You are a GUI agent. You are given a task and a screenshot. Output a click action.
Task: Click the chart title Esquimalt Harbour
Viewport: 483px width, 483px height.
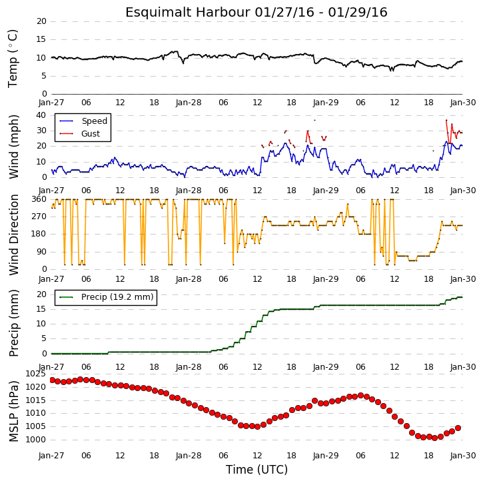(x=188, y=12)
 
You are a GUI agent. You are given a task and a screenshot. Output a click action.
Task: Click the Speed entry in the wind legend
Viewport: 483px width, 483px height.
(x=94, y=121)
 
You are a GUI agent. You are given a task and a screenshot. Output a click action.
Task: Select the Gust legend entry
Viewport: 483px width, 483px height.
(x=91, y=134)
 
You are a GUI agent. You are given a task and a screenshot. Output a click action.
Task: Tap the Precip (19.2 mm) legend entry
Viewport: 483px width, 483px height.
(x=117, y=297)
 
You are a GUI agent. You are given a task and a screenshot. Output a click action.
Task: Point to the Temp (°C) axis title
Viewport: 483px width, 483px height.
(x=13, y=59)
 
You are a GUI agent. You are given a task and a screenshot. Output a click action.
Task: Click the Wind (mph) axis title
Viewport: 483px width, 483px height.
(x=13, y=147)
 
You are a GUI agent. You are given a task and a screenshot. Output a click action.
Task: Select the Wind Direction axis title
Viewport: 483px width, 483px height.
(x=13, y=235)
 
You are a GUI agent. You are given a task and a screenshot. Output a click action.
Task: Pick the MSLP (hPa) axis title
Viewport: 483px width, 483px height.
(x=13, y=411)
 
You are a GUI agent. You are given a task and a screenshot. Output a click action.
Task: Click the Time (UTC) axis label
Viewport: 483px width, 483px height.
(x=256, y=470)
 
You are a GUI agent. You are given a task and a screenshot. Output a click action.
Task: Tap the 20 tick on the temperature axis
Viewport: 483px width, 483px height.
(x=41, y=21)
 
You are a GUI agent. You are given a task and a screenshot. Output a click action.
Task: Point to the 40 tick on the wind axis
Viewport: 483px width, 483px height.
(x=41, y=115)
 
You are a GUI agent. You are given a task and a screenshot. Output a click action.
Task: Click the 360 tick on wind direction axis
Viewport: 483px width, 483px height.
(x=39, y=199)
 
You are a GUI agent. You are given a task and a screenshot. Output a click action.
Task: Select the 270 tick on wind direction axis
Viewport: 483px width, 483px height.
(x=39, y=217)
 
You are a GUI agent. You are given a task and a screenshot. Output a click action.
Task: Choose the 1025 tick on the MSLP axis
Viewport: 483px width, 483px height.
(x=36, y=374)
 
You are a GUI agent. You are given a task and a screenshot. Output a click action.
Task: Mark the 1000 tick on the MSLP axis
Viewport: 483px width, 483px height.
(x=36, y=440)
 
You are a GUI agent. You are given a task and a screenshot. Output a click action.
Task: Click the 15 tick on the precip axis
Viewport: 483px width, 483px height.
(x=41, y=309)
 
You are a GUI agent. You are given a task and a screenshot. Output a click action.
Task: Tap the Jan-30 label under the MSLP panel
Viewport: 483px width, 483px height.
(x=463, y=455)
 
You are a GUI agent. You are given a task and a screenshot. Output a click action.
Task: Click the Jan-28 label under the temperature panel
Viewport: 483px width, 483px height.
(x=189, y=103)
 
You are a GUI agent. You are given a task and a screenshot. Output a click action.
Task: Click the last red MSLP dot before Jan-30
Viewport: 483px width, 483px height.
(x=458, y=428)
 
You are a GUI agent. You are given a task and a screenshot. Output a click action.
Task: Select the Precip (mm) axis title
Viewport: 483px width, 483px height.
(x=13, y=323)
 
